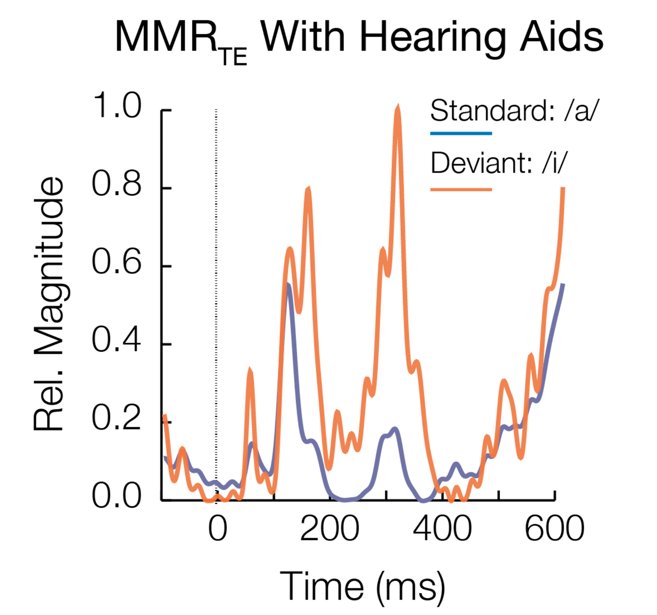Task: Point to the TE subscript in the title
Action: (x=233, y=57)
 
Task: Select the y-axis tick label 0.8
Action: (x=116, y=184)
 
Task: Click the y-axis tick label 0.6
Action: (x=116, y=261)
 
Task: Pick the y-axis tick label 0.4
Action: (x=116, y=340)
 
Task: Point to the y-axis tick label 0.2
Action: (x=116, y=418)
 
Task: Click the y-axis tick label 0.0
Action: (x=116, y=496)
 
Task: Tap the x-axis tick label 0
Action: (x=217, y=529)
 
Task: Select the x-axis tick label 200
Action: (x=329, y=529)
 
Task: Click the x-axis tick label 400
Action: (x=442, y=529)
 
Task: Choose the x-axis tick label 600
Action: (x=554, y=529)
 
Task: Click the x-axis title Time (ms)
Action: (x=362, y=586)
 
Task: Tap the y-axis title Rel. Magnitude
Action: (x=48, y=304)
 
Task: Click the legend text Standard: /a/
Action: (x=514, y=111)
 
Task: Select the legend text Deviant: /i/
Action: (x=498, y=163)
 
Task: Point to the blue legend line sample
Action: (x=461, y=133)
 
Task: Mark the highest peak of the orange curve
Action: (x=398, y=109)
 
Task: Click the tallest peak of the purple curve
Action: (x=288, y=284)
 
